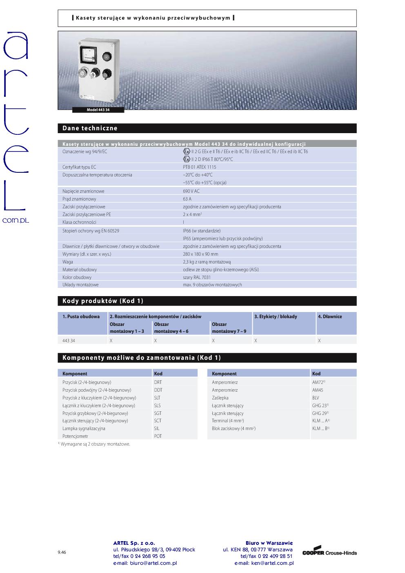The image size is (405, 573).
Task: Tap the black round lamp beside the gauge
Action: (107, 56)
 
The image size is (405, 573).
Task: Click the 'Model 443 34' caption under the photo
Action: (98, 110)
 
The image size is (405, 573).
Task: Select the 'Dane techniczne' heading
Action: (90, 128)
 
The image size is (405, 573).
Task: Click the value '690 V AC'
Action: (191, 191)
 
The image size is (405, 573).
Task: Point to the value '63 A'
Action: (187, 199)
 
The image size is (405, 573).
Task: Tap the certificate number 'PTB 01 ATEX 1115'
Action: (199, 167)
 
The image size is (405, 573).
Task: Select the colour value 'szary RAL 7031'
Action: (197, 277)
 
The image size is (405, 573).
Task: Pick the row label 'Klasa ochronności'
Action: (79, 222)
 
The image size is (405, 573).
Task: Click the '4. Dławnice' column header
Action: (329, 317)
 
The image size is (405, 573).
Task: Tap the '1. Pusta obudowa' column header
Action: (81, 317)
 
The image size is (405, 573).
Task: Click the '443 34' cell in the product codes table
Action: (69, 341)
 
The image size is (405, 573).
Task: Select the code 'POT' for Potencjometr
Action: (158, 436)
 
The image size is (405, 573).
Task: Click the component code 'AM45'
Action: (318, 390)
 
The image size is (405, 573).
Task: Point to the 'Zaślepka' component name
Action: (220, 398)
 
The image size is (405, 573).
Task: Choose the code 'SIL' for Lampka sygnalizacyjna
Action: (157, 428)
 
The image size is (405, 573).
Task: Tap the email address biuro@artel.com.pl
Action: (145, 563)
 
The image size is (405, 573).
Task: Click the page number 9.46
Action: (62, 552)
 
